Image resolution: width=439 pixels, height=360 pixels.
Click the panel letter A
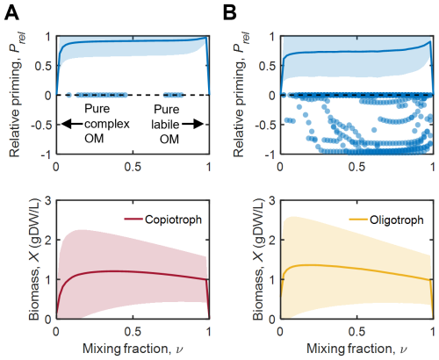click(11, 13)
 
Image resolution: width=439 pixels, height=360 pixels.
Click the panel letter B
click(230, 13)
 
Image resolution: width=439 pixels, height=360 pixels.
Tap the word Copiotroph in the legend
click(173, 220)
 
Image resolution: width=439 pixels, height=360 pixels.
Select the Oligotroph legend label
click(397, 220)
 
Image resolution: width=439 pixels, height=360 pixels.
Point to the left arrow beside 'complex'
click(72, 125)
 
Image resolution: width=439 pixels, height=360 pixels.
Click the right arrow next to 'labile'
click(192, 125)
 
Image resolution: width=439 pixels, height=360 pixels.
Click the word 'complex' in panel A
click(107, 125)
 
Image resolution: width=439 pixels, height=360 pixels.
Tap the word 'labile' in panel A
click(165, 125)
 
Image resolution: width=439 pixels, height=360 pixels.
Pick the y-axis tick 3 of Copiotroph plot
click(48, 201)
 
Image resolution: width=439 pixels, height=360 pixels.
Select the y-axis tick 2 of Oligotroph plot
click(272, 240)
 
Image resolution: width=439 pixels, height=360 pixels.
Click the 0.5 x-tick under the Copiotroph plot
click(133, 332)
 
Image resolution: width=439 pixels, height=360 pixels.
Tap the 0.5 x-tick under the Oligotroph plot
click(356, 332)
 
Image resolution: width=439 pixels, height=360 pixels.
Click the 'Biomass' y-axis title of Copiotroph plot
click(34, 295)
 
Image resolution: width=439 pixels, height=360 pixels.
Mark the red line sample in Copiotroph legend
click(133, 219)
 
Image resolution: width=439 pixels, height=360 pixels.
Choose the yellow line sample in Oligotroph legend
click(358, 219)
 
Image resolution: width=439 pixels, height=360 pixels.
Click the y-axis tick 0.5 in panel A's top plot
click(43, 66)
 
